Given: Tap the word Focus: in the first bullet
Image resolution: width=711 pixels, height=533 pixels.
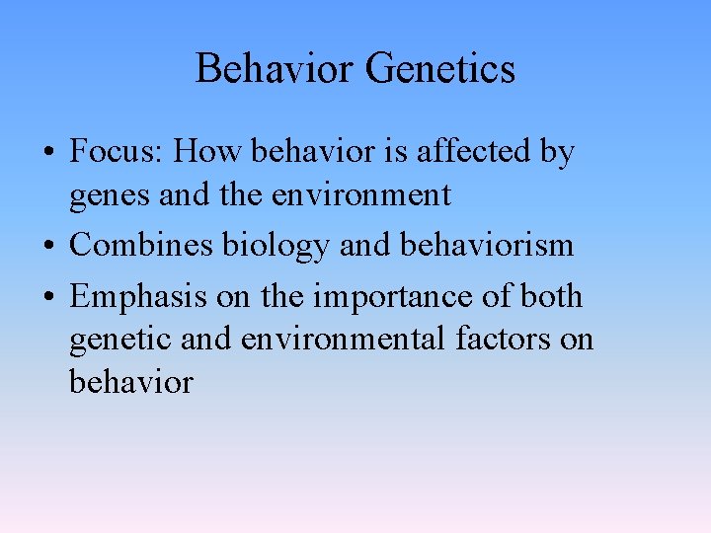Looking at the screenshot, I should pos(118,153).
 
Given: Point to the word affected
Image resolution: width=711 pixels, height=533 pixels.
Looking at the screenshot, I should pos(470,153).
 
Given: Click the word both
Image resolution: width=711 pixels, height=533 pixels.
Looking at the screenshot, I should pos(551,295).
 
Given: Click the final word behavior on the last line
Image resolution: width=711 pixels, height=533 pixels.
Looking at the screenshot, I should pos(130,381).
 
